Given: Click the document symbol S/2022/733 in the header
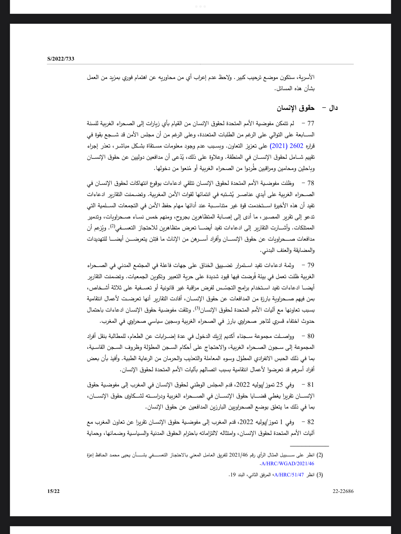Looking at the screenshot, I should (x=61, y=59).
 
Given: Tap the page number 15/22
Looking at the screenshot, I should (x=54, y=491).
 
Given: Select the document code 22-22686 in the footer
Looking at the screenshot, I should (x=343, y=491).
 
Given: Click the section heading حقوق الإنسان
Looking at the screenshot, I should (x=296, y=108).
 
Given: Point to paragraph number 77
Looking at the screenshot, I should (x=310, y=123).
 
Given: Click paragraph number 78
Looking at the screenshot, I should (x=310, y=183).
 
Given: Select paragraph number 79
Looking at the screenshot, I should (x=310, y=265).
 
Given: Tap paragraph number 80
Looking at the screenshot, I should (x=310, y=336).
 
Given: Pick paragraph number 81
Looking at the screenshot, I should (x=310, y=385).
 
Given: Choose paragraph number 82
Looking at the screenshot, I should (x=310, y=422).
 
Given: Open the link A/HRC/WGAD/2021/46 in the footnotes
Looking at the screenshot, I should (x=287, y=464).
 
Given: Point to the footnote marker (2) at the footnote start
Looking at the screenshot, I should (x=320, y=455).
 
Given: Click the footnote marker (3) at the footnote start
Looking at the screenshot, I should (x=320, y=475).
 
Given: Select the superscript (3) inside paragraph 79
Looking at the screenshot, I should (x=198, y=308).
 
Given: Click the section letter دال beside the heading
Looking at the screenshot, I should (x=333, y=108).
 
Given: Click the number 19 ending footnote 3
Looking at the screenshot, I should (x=232, y=475).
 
